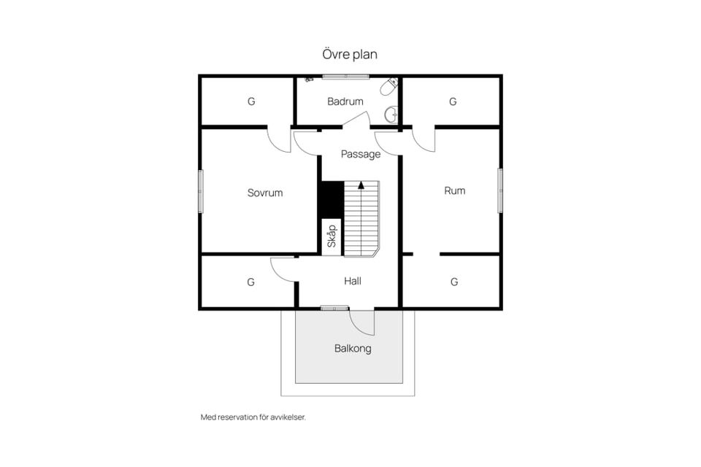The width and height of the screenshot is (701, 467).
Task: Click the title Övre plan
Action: point(350,55)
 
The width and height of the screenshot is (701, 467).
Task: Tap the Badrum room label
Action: point(345,101)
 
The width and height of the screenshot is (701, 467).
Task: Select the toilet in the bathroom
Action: point(389,86)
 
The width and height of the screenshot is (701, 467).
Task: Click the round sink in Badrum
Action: point(392,115)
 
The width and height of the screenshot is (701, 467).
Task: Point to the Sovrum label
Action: point(265,193)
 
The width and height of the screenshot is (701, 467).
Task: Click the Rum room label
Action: point(455,191)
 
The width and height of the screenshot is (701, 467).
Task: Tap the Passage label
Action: point(361,154)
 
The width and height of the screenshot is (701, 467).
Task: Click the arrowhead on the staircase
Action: point(361,185)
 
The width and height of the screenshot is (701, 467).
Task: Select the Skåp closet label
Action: point(332,236)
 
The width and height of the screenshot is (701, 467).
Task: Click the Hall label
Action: point(353,281)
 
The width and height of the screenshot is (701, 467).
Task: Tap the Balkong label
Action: point(353,349)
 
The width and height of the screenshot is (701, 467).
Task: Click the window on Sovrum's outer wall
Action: point(201,191)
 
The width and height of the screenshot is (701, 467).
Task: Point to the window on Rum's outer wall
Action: point(500,190)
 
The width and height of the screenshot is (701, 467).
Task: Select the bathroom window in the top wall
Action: point(346,77)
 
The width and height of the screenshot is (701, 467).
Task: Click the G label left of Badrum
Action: point(251,101)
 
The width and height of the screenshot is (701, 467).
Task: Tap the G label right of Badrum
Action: point(453,101)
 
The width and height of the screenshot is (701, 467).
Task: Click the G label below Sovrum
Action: point(250,282)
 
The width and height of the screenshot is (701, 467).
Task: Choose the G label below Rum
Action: point(454,282)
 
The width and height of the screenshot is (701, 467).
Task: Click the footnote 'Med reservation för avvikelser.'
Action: point(253,417)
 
